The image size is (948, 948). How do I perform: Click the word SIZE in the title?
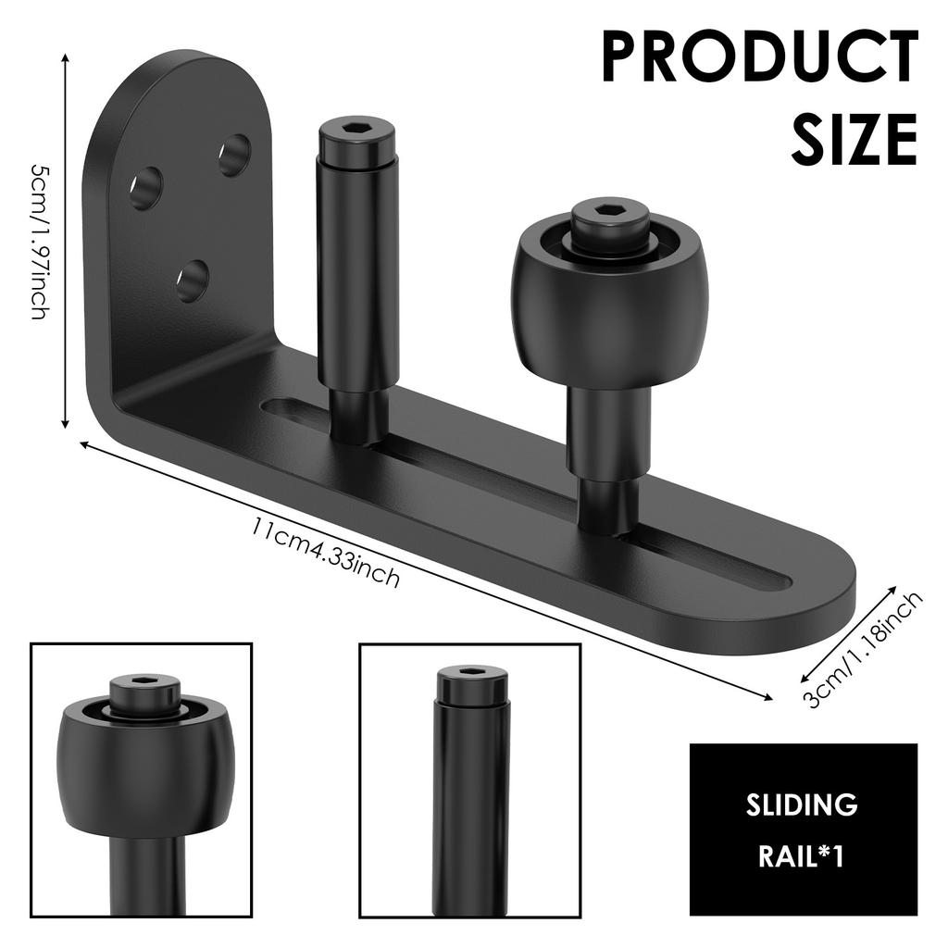coord(854,139)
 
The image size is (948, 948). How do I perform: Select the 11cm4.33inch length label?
coord(325,554)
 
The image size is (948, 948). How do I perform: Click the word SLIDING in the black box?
coord(802,805)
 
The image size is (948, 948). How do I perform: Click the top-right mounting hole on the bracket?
coord(234,155)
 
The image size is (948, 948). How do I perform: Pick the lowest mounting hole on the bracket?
coord(193,280)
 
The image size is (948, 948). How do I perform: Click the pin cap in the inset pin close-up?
coord(471,684)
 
